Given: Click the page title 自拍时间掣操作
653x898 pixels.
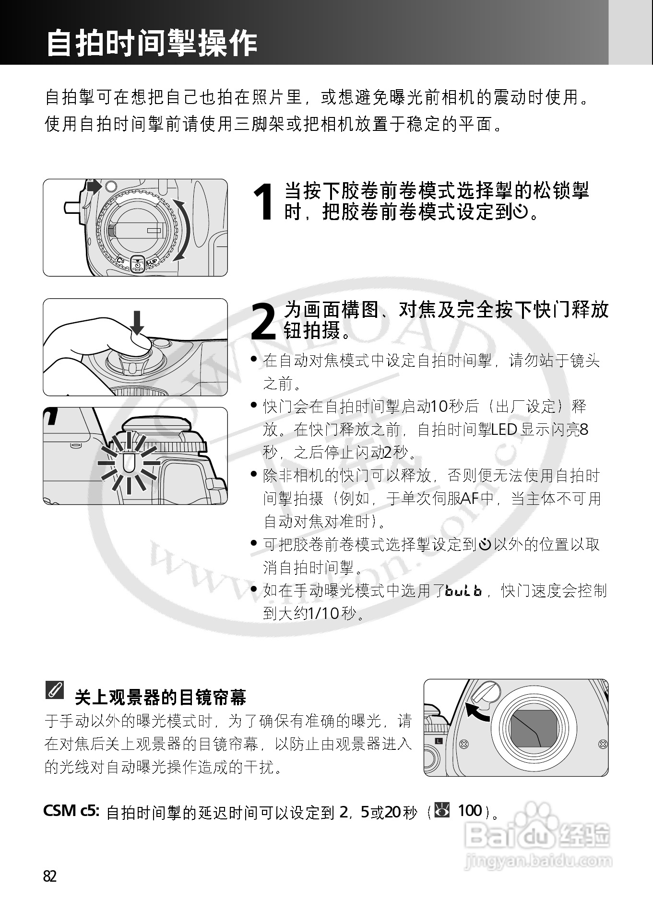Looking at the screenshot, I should click(152, 43).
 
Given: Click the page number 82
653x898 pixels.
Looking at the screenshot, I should click(50, 876).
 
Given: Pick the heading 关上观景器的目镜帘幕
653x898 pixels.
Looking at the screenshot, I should click(160, 697).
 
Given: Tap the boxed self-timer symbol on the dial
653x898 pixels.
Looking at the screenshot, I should click(137, 264).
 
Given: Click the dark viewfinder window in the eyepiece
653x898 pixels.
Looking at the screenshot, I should click(533, 729).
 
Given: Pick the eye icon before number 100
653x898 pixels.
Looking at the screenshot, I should click(442, 810).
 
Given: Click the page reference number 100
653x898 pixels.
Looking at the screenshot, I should click(470, 810).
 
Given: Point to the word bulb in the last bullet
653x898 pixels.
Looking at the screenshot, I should click(463, 591).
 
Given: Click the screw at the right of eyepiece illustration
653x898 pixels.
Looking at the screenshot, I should click(603, 745).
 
